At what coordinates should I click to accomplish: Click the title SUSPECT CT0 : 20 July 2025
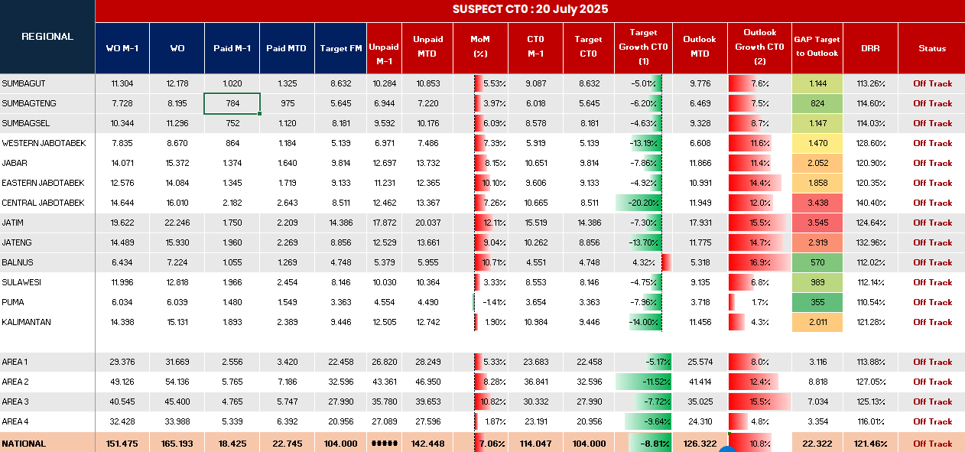coord(530,9)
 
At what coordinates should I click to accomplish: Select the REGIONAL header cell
coord(47,37)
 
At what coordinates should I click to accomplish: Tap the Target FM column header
coord(340,48)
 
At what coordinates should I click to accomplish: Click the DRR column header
coord(870,48)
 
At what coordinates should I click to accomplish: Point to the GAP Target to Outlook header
coord(816,47)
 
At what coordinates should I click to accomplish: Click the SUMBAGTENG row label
coord(29,103)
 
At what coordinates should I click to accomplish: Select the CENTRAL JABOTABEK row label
coord(43,203)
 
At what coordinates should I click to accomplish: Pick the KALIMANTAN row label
coord(27,322)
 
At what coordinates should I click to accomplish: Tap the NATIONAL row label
coord(24,444)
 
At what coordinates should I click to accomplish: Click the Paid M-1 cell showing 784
coord(232,103)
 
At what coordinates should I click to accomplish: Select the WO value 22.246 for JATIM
coord(177,223)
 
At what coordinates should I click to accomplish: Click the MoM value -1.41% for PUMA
coord(491,302)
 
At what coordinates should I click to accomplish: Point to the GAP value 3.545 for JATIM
coord(817,223)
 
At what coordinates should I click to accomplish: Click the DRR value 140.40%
coord(870,203)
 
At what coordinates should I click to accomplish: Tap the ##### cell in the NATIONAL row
coord(385,444)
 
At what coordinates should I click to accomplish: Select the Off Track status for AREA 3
coord(932,402)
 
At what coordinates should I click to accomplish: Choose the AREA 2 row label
coord(15,382)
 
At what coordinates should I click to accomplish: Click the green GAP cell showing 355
coord(817,302)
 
